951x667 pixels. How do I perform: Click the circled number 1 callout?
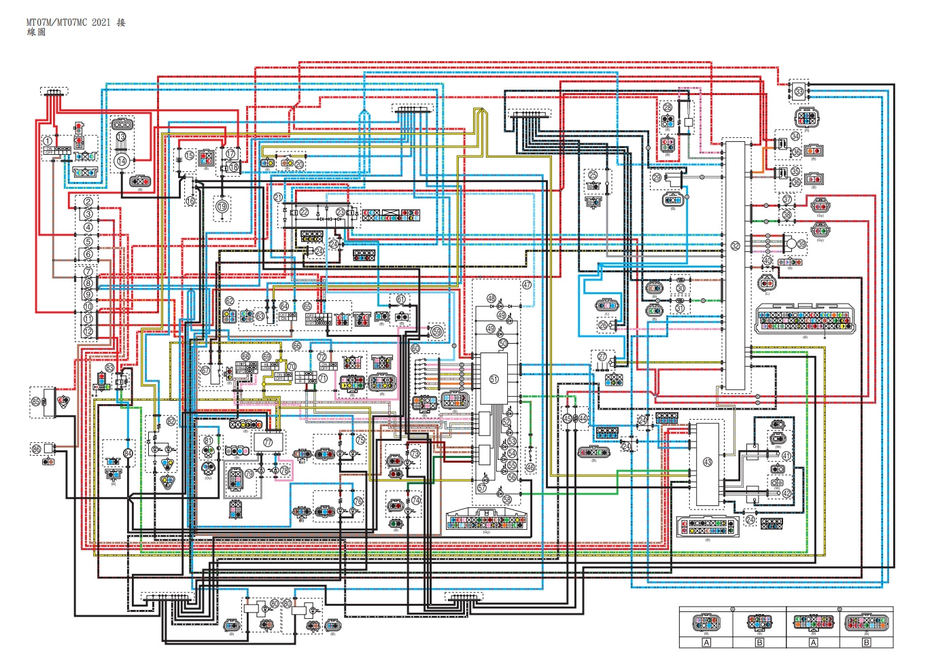coord(48,141)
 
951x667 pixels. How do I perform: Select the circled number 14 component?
coord(122,161)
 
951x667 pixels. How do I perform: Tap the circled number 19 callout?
coord(222,206)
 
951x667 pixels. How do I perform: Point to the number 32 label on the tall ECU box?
coord(735,246)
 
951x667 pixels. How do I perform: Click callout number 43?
coord(708,462)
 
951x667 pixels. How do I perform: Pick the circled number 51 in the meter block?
coord(494,379)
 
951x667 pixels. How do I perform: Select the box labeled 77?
coord(268,441)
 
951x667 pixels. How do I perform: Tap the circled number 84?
coord(128,453)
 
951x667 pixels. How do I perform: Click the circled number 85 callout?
coord(36,401)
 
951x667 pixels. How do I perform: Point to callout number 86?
coord(36,449)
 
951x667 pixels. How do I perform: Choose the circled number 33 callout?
coord(799,91)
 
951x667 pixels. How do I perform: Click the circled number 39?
coord(801,244)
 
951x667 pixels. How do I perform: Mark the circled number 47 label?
coord(527,285)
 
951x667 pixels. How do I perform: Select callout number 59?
coord(437,331)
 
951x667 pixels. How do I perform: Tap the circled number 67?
coord(206,371)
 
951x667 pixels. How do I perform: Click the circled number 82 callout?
coord(171,421)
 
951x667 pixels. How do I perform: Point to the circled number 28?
coord(668,107)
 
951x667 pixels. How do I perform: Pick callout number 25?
coord(593,175)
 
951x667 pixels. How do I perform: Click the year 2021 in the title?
coord(101,22)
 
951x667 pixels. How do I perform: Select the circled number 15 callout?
coord(190,156)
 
